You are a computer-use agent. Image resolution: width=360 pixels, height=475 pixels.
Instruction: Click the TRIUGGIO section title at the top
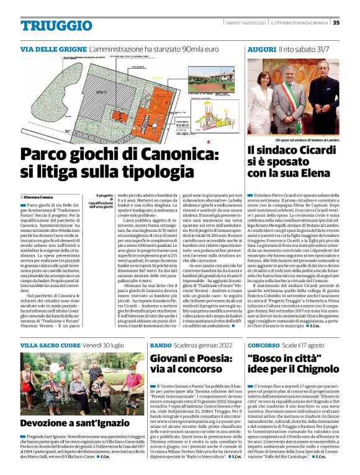pos(56,25)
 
